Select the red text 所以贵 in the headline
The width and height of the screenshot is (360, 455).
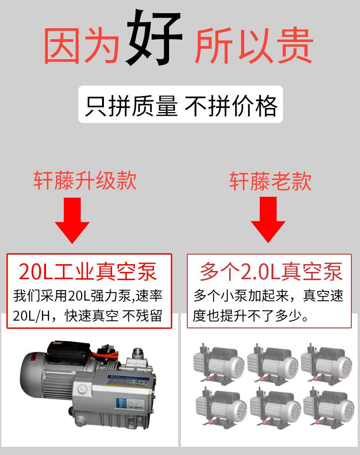(x=254, y=46)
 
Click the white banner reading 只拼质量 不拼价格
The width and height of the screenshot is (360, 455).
(x=180, y=104)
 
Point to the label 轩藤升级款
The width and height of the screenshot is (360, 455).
(x=85, y=180)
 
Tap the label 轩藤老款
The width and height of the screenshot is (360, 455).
(x=270, y=180)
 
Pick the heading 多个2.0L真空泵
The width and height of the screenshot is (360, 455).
(x=271, y=272)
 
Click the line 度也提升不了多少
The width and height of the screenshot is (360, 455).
(x=250, y=315)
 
